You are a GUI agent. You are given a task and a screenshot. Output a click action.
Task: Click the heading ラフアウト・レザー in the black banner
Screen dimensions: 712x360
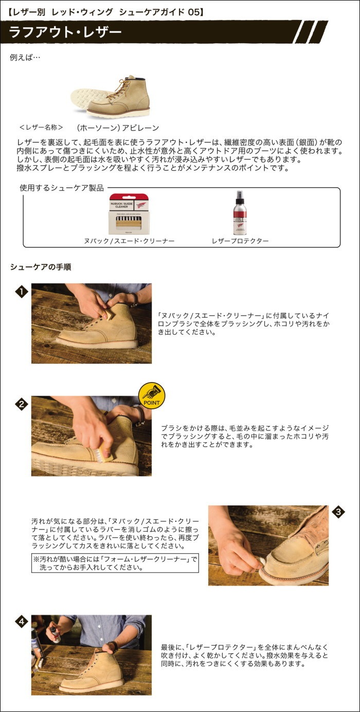point(65,32)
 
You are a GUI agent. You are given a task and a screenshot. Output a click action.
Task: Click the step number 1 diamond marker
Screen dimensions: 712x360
point(21,293)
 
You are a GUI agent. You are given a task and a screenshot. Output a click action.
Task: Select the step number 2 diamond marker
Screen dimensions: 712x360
point(21,404)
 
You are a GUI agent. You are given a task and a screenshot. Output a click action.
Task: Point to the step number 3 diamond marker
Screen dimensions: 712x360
point(338,512)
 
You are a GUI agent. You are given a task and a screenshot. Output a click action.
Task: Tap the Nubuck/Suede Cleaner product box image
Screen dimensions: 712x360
point(130,214)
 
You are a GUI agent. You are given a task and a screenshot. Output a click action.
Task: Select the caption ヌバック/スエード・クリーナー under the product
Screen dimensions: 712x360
point(129,241)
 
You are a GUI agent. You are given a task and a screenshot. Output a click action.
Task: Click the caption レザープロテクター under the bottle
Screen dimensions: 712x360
point(240,241)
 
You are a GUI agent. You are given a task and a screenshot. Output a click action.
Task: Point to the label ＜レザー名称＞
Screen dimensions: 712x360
point(41,127)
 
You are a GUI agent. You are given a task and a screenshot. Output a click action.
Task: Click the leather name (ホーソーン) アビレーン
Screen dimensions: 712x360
point(118,127)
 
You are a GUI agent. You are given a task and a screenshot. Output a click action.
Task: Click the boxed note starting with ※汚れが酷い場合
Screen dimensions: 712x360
point(115,563)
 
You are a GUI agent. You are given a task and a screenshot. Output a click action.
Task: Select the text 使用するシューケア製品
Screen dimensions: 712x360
point(62,188)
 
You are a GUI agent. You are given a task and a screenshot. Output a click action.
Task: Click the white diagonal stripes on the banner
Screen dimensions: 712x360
point(310,32)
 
